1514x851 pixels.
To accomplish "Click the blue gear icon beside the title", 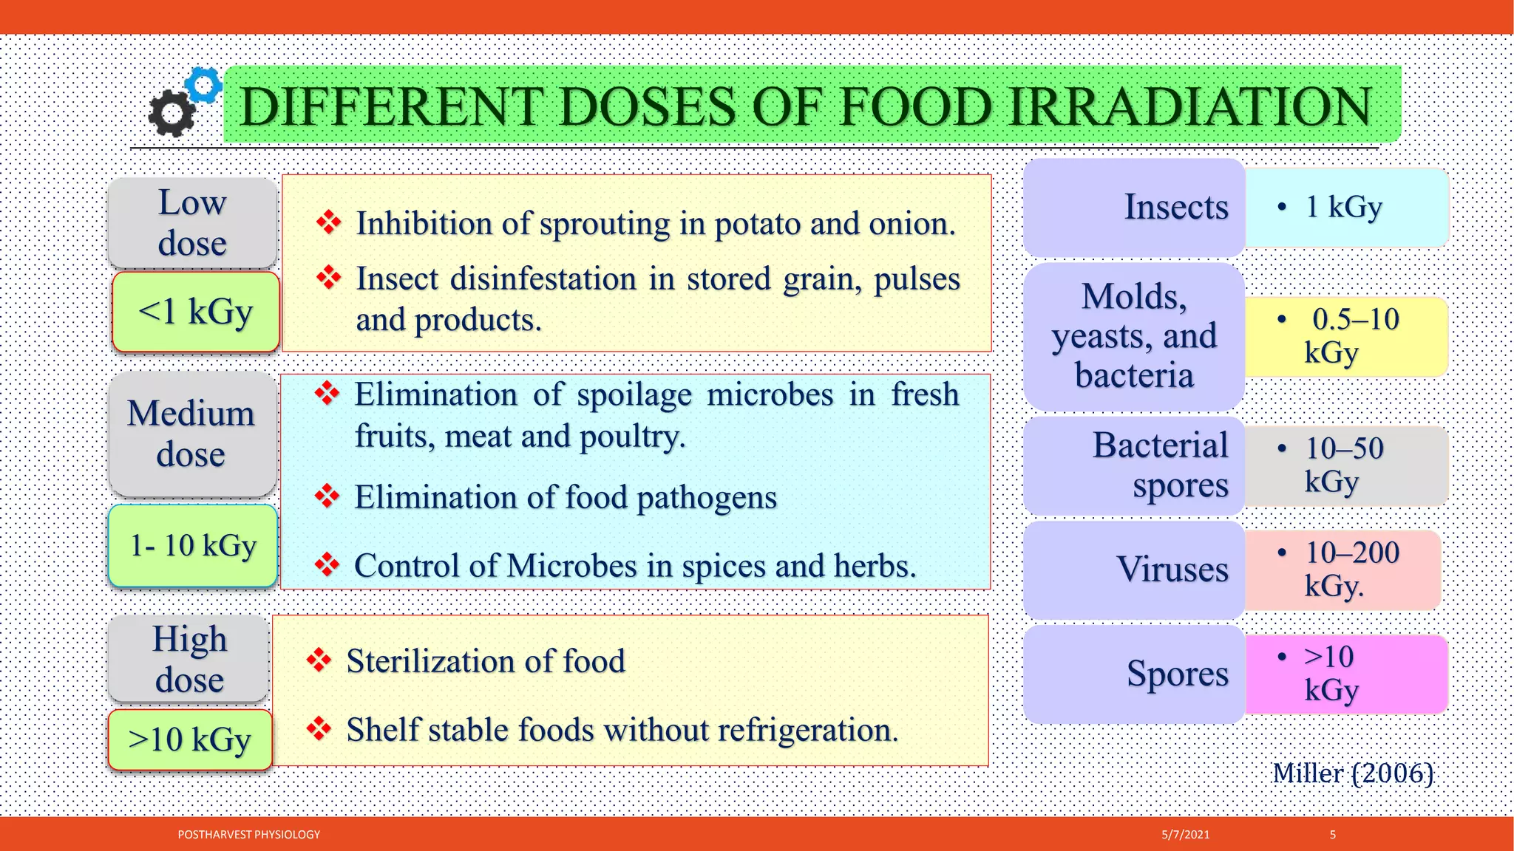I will point(203,84).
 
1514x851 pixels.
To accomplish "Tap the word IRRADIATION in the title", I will point(1189,106).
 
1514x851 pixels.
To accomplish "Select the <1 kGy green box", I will point(196,312).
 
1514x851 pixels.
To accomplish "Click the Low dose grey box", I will point(192,222).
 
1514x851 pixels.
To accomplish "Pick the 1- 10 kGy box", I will point(193,546).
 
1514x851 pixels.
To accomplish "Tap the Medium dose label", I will point(191,434).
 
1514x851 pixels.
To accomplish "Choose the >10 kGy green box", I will point(190,739).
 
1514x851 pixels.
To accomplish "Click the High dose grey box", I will point(189,659).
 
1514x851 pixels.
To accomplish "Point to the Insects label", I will point(1175,207).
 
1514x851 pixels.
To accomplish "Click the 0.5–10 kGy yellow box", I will point(1345,336).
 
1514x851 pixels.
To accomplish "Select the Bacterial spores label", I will point(1161,465).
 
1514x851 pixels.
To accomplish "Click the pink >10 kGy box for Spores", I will point(1345,674).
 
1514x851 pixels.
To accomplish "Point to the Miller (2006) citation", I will point(1353,773).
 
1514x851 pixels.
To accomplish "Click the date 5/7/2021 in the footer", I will point(1185,835).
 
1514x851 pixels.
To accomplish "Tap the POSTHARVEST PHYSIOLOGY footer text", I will point(249,835).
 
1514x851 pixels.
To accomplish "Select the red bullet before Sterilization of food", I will point(319,660).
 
